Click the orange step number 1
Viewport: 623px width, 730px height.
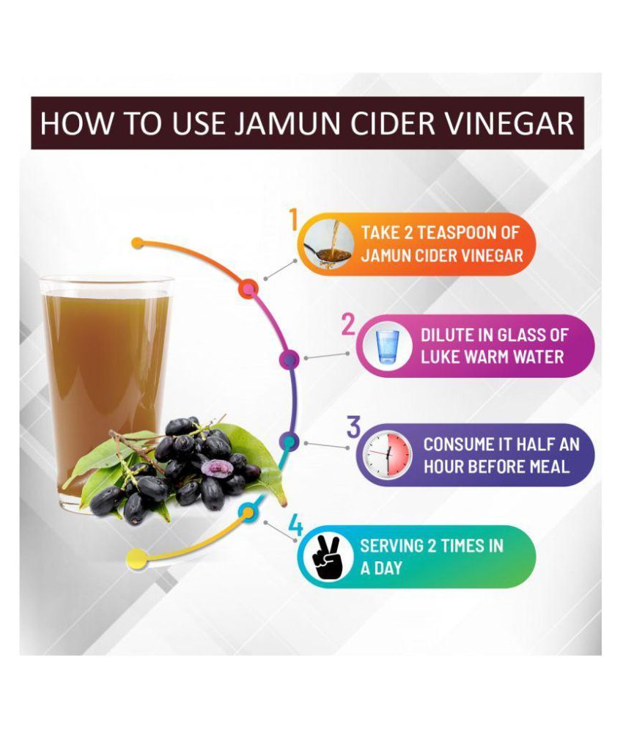pyautogui.click(x=293, y=220)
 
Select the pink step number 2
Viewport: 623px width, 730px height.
pyautogui.click(x=348, y=324)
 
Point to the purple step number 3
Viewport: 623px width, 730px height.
pyautogui.click(x=353, y=427)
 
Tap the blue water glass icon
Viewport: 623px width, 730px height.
pyautogui.click(x=387, y=346)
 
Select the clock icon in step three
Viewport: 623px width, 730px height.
pyautogui.click(x=388, y=455)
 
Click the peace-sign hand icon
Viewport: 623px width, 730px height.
pyautogui.click(x=328, y=557)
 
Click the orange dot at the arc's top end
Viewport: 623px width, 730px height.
pyautogui.click(x=137, y=243)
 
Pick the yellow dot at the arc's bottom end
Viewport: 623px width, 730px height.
pyautogui.click(x=136, y=557)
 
